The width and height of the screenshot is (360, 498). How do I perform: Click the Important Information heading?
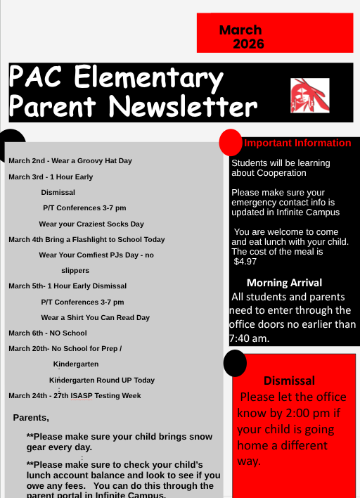(x=297, y=143)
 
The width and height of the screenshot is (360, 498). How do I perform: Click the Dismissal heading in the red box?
(x=289, y=381)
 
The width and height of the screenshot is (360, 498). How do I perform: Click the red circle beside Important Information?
(x=231, y=142)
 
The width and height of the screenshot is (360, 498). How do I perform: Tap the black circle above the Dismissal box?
(x=235, y=363)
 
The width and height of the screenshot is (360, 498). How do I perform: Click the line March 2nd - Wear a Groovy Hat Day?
(x=70, y=161)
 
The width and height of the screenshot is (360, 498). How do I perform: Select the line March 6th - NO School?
(x=48, y=333)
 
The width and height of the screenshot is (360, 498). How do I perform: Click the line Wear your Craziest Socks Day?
(x=91, y=224)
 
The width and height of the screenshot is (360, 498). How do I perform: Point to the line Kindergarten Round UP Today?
(x=102, y=380)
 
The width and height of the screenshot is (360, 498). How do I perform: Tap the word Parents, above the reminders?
(x=31, y=418)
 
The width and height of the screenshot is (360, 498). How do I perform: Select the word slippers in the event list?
(x=75, y=270)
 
